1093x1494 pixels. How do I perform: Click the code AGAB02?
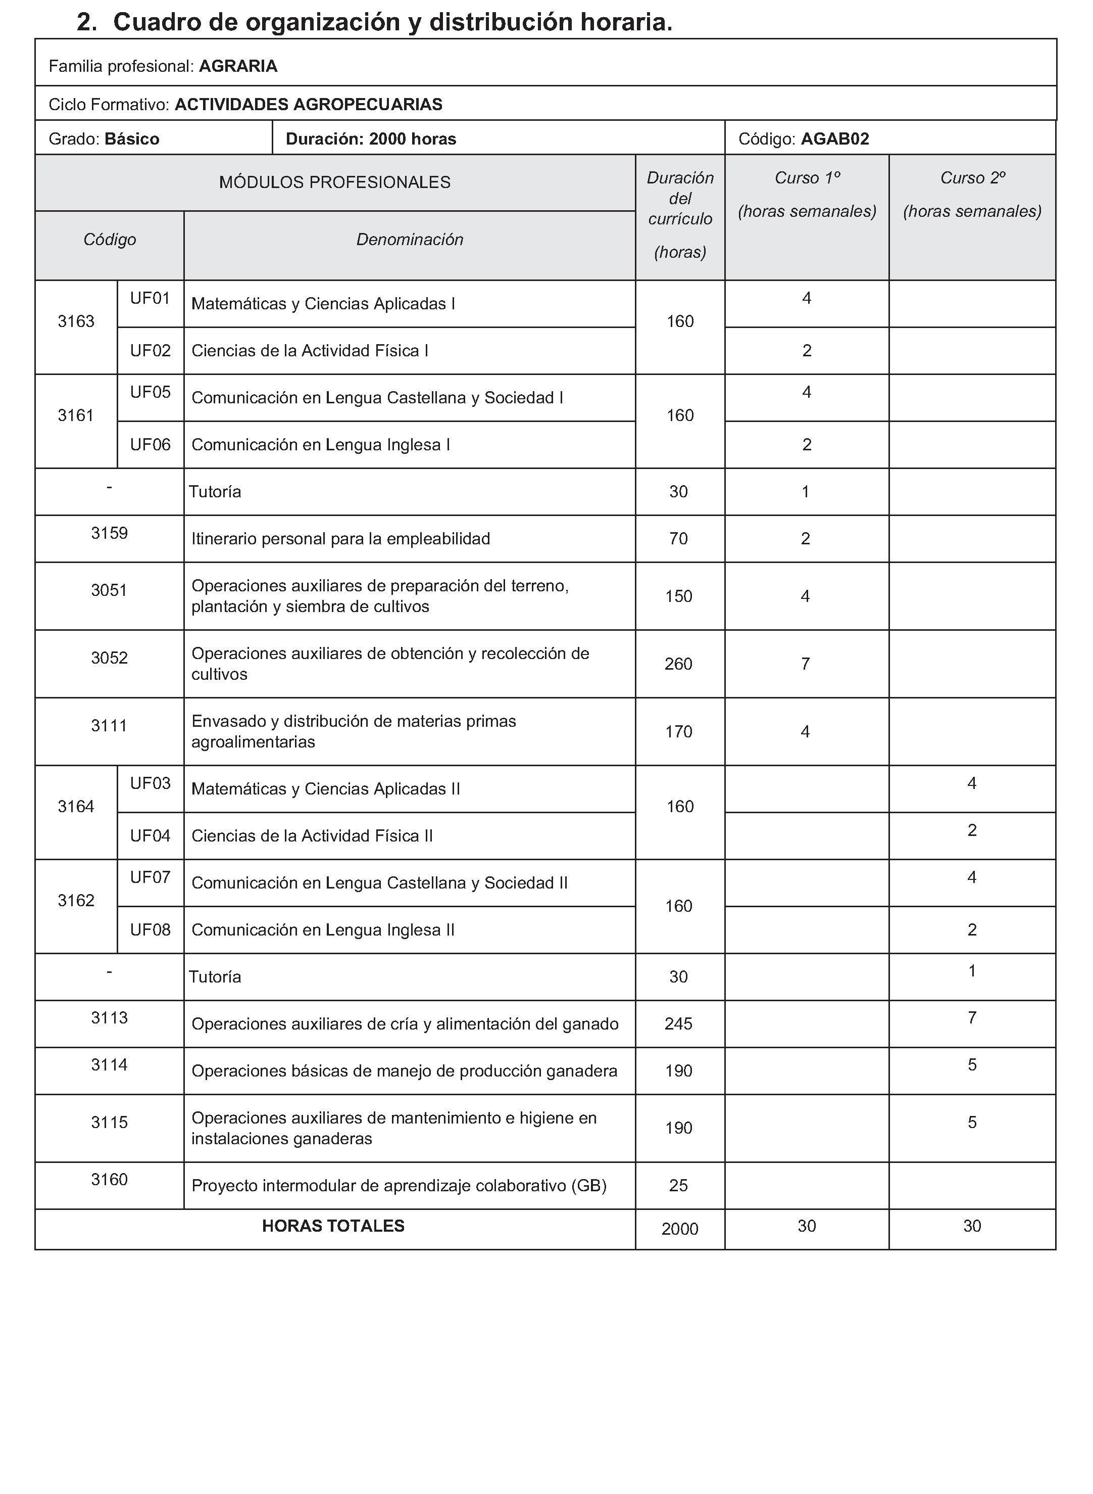[x=834, y=139]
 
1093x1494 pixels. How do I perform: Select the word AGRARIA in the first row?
[x=238, y=66]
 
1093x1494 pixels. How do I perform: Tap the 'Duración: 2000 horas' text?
[x=371, y=139]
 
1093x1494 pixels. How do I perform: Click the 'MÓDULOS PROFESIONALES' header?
[x=335, y=182]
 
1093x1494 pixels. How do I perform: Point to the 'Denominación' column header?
[x=410, y=240]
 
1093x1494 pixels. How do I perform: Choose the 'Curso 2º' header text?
[x=972, y=178]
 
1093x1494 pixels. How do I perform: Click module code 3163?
[x=76, y=322]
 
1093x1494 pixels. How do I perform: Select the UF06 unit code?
[x=150, y=445]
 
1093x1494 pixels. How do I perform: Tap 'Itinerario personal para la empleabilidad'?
[x=341, y=539]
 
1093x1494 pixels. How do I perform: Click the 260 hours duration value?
[x=679, y=664]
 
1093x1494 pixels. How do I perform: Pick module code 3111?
[x=109, y=726]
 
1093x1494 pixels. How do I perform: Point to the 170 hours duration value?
[x=679, y=732]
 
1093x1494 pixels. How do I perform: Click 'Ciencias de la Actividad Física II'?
[x=312, y=836]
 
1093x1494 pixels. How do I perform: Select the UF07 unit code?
[x=150, y=878]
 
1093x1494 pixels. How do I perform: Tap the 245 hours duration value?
[x=679, y=1024]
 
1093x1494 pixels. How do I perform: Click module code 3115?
[x=109, y=1123]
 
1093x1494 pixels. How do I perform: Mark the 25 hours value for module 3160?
[x=679, y=1186]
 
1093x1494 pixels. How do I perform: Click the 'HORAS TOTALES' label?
[x=333, y=1226]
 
